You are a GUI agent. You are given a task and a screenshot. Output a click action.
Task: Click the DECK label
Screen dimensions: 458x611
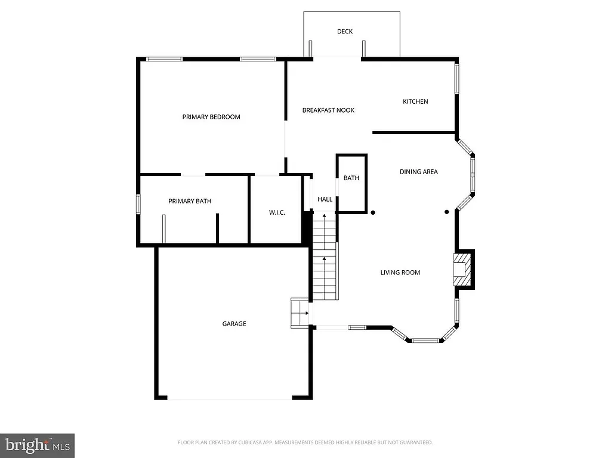pos(345,32)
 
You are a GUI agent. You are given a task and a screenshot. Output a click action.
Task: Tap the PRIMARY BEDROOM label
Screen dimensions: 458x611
pos(211,117)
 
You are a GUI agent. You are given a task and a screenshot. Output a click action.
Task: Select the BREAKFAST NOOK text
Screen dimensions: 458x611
pos(328,110)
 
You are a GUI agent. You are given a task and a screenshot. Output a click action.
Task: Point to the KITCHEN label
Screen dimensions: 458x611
pos(415,101)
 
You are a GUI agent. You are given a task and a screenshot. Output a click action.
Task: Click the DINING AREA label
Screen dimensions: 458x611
pos(418,172)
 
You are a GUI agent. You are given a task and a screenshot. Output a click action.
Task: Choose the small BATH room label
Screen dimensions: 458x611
pos(351,178)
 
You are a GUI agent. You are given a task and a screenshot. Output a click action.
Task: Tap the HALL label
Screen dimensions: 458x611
pos(325,199)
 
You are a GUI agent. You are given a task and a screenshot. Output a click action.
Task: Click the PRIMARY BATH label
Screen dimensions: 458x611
pos(190,202)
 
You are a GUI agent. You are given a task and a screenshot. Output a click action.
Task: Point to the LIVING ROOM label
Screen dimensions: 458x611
pos(400,273)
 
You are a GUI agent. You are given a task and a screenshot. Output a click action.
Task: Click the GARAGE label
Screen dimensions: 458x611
pos(234,324)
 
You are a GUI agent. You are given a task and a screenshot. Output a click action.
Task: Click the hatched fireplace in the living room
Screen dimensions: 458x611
pos(461,270)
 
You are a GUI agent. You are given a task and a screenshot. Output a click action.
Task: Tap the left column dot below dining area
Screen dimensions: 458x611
pos(373,212)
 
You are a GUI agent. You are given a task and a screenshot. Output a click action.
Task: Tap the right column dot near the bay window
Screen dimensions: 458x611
pos(446,212)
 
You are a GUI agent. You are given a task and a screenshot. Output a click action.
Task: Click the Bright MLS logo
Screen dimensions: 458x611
pos(37,445)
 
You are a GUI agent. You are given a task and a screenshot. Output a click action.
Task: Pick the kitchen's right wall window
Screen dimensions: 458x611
pos(458,78)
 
